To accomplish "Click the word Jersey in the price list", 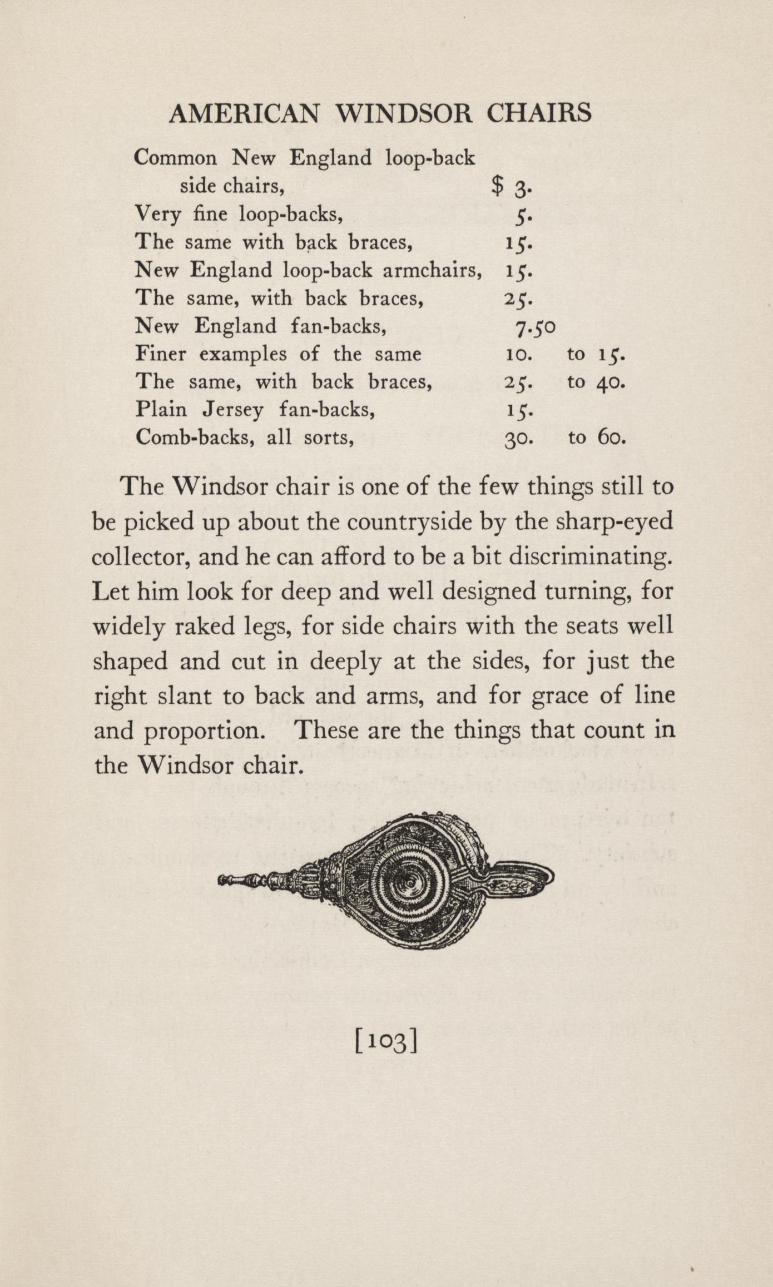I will pos(232,410).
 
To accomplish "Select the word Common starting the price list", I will pos(176,158).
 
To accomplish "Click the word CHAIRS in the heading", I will pos(539,113).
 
